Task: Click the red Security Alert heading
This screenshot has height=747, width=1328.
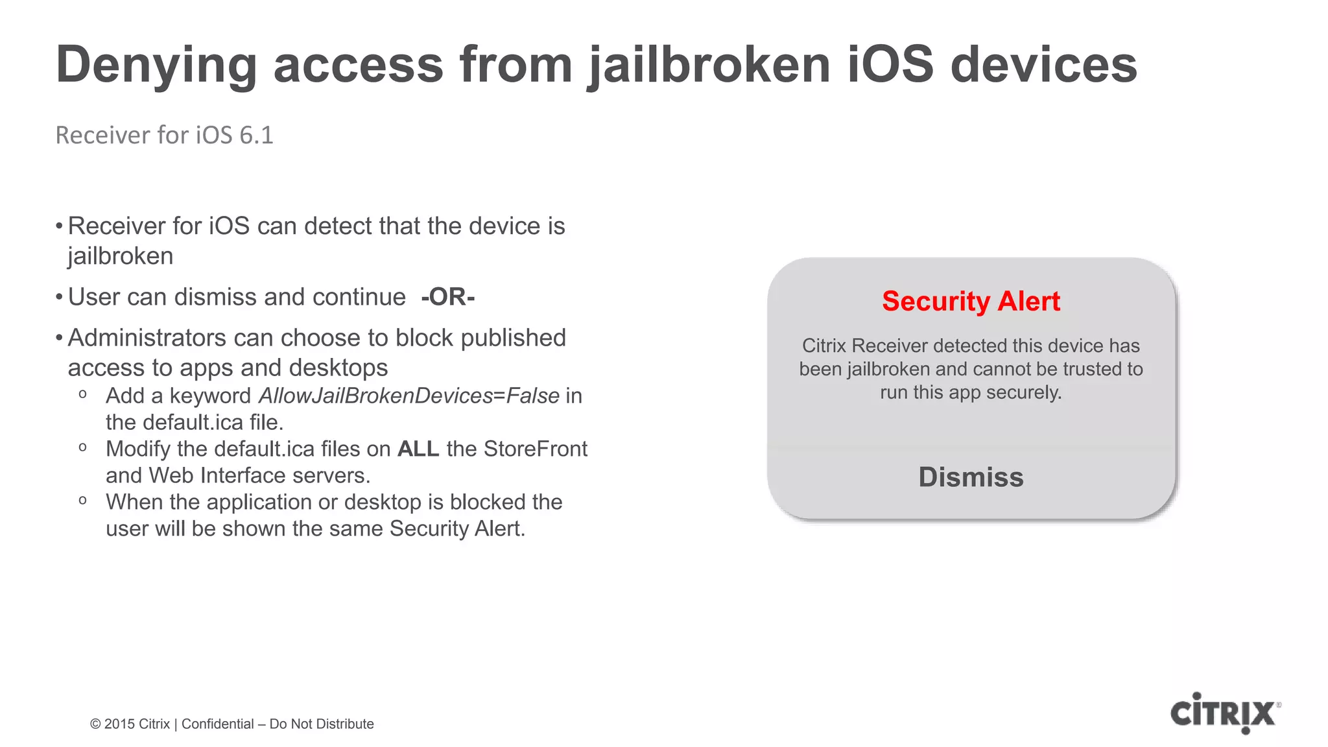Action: coord(971,302)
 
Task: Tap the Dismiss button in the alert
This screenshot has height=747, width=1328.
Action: coord(971,477)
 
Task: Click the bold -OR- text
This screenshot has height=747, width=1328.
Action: coord(447,297)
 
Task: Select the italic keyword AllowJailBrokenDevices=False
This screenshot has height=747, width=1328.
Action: coord(409,396)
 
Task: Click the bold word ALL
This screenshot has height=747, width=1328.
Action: coord(418,449)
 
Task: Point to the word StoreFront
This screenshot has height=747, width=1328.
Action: coord(535,449)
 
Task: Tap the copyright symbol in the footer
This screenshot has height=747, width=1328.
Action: coord(95,724)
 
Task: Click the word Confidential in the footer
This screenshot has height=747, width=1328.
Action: coord(217,724)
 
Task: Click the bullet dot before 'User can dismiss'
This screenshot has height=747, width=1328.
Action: coord(59,298)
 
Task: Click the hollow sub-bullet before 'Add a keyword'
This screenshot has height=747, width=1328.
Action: coord(82,395)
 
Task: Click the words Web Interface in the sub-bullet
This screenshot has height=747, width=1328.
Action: coord(217,476)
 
